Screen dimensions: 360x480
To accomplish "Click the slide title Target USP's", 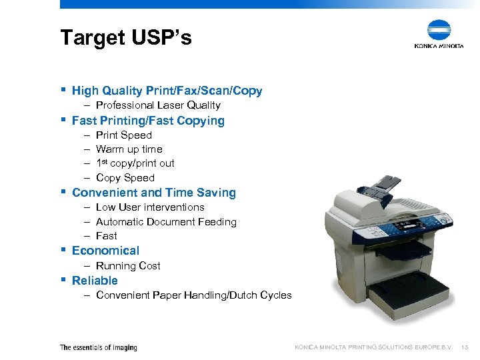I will tap(125, 38).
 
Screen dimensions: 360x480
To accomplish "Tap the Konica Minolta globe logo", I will tap(439, 31).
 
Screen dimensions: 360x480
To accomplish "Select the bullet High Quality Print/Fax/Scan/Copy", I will tap(167, 91).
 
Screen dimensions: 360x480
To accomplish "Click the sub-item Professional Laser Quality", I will tap(158, 105).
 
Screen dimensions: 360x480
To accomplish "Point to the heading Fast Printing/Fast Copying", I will tap(148, 121).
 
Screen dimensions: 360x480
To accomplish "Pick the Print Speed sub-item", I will tap(124, 135).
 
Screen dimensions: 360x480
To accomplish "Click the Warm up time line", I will tap(129, 149).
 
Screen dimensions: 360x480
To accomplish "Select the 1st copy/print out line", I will tap(135, 163).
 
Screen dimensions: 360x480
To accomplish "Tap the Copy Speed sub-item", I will tap(125, 178).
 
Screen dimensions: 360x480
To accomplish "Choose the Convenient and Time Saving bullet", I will tap(154, 193).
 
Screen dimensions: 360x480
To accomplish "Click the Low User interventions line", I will tap(150, 207).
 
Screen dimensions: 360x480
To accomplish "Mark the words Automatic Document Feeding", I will tap(166, 222).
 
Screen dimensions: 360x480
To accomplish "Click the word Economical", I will tap(105, 251).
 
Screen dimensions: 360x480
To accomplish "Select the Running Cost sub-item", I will tap(128, 266).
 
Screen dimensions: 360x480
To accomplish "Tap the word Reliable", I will tap(95, 281).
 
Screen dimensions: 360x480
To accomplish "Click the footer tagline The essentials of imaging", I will tap(99, 347).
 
